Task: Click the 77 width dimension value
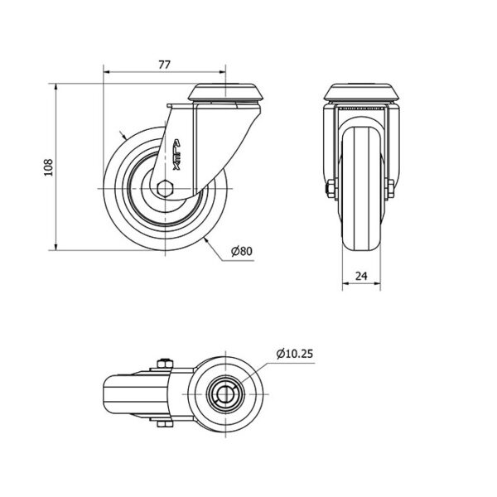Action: coord(164,65)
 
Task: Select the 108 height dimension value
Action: coord(48,167)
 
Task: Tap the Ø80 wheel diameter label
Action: coord(242,251)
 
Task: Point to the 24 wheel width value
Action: coord(361,276)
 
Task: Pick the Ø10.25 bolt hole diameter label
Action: coord(294,354)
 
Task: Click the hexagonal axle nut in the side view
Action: coord(165,189)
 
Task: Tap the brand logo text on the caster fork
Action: coord(176,155)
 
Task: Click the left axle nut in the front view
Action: coord(331,189)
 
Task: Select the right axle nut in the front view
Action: coord(389,189)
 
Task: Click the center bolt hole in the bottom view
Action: coord(225,394)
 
